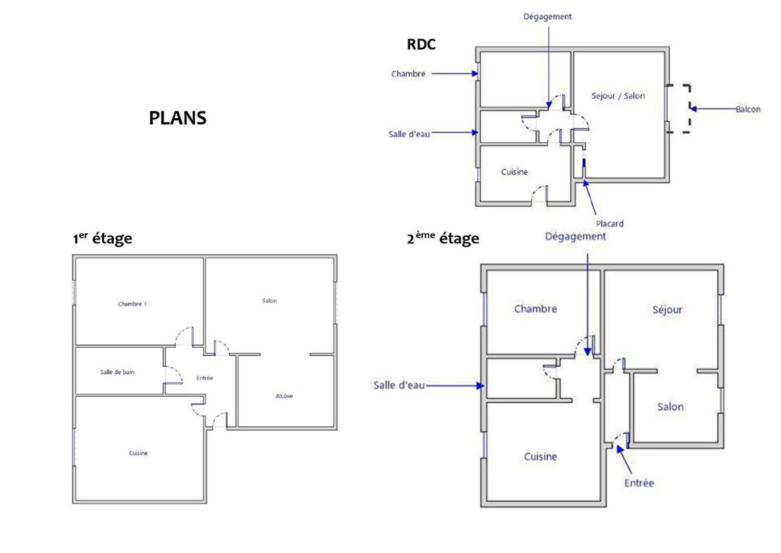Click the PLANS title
click(x=177, y=118)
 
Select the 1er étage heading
click(x=102, y=238)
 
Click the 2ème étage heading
click(x=443, y=238)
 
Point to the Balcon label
click(x=747, y=109)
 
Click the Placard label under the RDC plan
click(x=610, y=223)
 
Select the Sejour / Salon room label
click(x=618, y=96)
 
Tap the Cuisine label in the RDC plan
click(x=514, y=172)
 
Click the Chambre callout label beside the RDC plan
click(x=408, y=73)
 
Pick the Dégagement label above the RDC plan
click(x=548, y=17)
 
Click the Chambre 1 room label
click(x=132, y=303)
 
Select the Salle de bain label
click(x=117, y=372)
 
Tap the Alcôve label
click(x=283, y=396)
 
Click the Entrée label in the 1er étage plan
click(x=204, y=378)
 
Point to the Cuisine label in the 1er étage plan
click(x=138, y=453)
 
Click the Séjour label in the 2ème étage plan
click(x=666, y=310)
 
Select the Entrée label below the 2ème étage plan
click(x=639, y=483)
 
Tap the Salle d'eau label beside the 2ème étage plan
click(x=398, y=385)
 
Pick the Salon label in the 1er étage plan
click(x=269, y=301)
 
